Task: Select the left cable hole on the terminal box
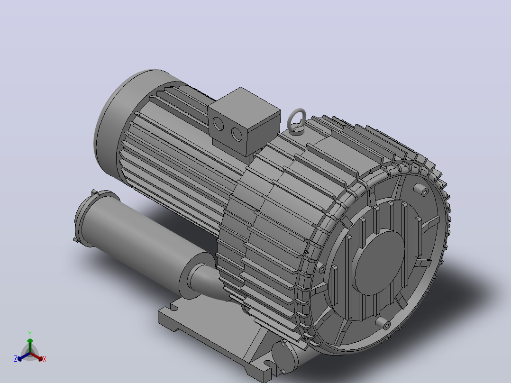point(218,124)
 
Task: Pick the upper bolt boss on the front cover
point(421,190)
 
